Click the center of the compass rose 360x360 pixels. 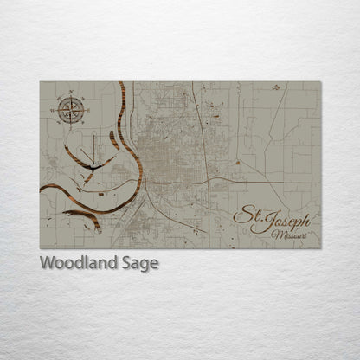[67, 108]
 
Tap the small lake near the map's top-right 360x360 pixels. [276, 87]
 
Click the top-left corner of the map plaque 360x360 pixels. [40, 82]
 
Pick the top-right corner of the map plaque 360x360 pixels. [321, 82]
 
